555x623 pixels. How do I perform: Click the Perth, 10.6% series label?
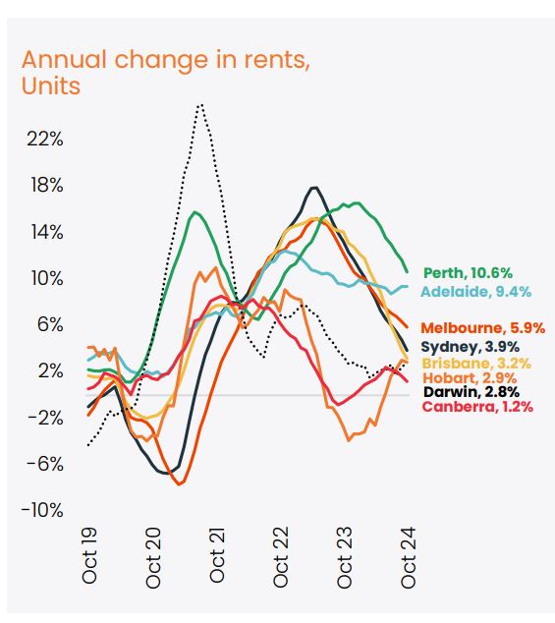(468, 273)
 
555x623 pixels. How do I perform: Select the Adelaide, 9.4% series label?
(474, 291)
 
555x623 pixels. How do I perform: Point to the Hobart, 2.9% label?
(468, 377)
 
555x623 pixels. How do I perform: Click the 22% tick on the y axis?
(43, 140)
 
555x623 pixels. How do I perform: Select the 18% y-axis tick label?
(43, 186)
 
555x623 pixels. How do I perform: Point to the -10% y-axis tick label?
(41, 510)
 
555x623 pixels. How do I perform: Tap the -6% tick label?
(43, 464)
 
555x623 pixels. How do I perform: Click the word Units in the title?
(50, 85)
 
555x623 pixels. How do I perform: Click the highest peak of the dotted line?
(200, 104)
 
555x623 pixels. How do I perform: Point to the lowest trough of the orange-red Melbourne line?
(179, 483)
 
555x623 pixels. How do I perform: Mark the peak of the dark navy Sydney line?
(313, 187)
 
